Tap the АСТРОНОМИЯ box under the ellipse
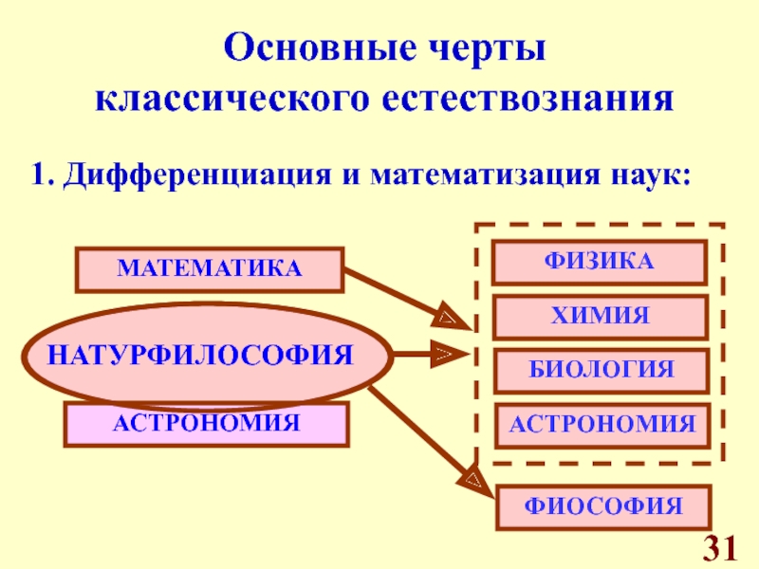point(206,423)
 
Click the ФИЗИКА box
point(598,262)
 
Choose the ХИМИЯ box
point(598,317)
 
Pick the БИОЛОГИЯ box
point(598,370)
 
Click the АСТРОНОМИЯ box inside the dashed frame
point(602,424)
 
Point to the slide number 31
point(720,547)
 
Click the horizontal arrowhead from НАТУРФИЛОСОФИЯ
point(444,357)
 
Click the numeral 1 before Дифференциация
point(40,175)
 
